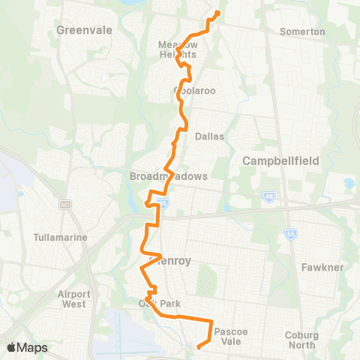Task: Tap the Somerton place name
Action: pos(301,31)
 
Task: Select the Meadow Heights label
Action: pos(178,49)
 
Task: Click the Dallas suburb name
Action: pos(209,136)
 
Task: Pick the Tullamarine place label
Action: pos(61,237)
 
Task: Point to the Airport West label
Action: pos(74,299)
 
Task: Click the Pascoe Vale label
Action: pos(229,335)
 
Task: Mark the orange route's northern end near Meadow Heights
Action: pos(217,13)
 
